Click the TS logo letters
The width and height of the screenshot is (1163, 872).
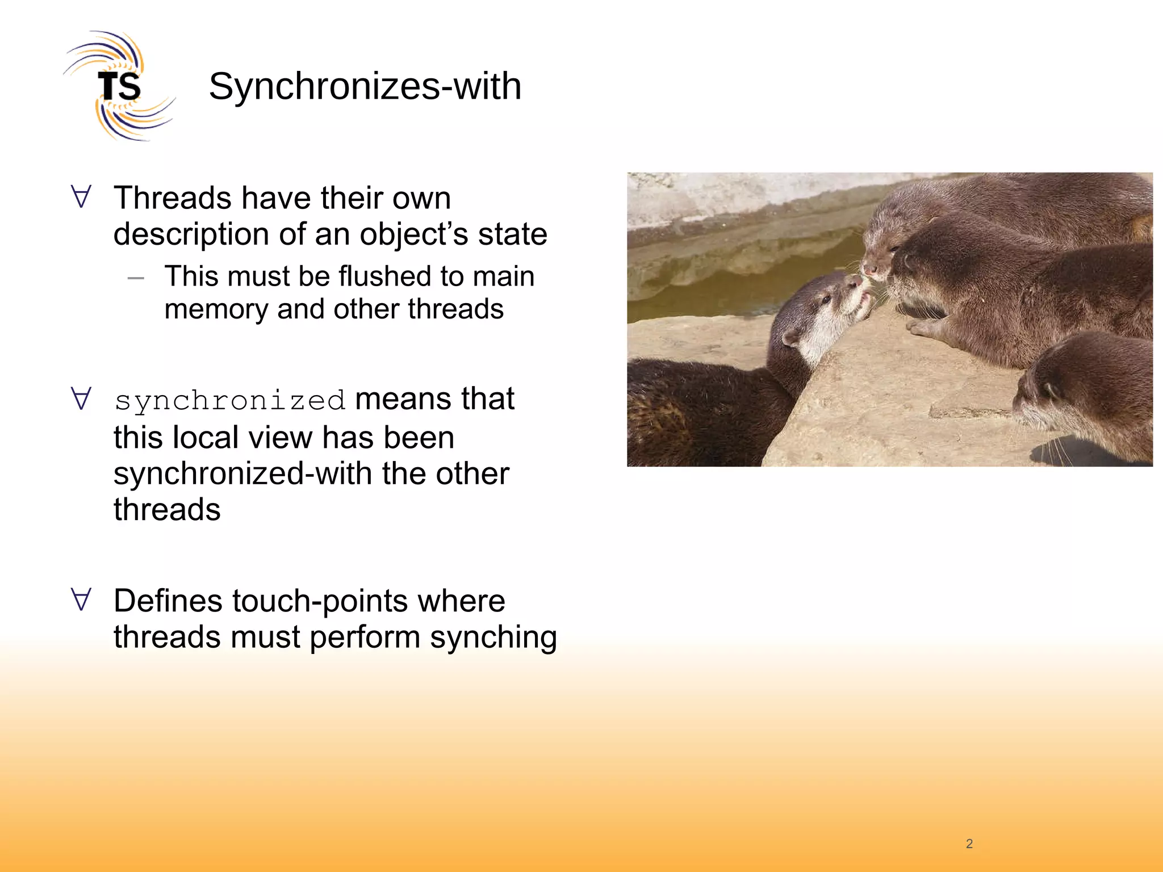pos(119,87)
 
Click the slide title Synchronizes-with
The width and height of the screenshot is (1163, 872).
pos(365,86)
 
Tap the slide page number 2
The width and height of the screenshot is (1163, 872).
pos(969,844)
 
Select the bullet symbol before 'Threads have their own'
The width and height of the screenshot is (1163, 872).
pos(81,196)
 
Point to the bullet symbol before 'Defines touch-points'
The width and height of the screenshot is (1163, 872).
pos(81,599)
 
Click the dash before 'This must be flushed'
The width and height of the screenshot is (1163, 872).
pos(136,278)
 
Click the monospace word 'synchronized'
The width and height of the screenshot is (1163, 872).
pos(230,401)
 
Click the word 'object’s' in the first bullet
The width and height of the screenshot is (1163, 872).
pos(414,234)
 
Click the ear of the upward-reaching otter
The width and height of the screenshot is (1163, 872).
pos(789,339)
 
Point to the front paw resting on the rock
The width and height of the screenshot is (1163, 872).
pos(923,326)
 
